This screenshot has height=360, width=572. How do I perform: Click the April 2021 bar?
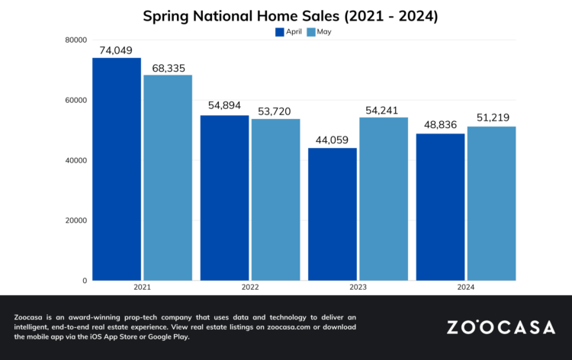[x=117, y=169]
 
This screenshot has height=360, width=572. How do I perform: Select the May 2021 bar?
[x=168, y=178]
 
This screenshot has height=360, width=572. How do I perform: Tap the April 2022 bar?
[x=224, y=198]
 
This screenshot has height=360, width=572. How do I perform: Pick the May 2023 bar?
[x=384, y=199]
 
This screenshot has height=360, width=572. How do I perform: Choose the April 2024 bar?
[x=441, y=207]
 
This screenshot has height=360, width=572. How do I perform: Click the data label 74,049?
[x=117, y=50]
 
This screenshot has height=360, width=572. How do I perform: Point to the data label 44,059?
[x=333, y=140]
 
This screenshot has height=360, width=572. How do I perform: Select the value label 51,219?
[x=491, y=118]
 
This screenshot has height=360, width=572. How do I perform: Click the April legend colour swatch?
[x=279, y=32]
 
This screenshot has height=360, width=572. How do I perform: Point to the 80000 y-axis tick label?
[x=75, y=40]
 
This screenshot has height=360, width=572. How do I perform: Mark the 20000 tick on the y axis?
[x=75, y=220]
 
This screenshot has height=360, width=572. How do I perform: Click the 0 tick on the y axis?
[x=84, y=281]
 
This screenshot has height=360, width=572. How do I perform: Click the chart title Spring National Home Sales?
[x=286, y=15]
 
